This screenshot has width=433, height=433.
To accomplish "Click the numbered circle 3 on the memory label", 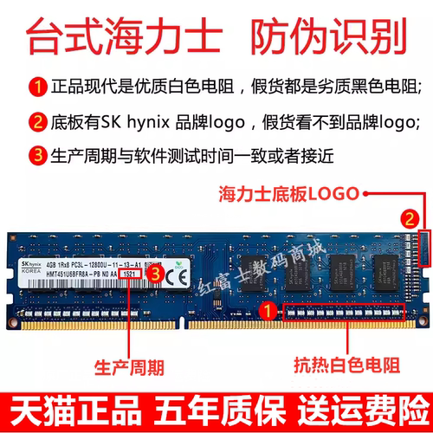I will pyautogui.click(x=153, y=273).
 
